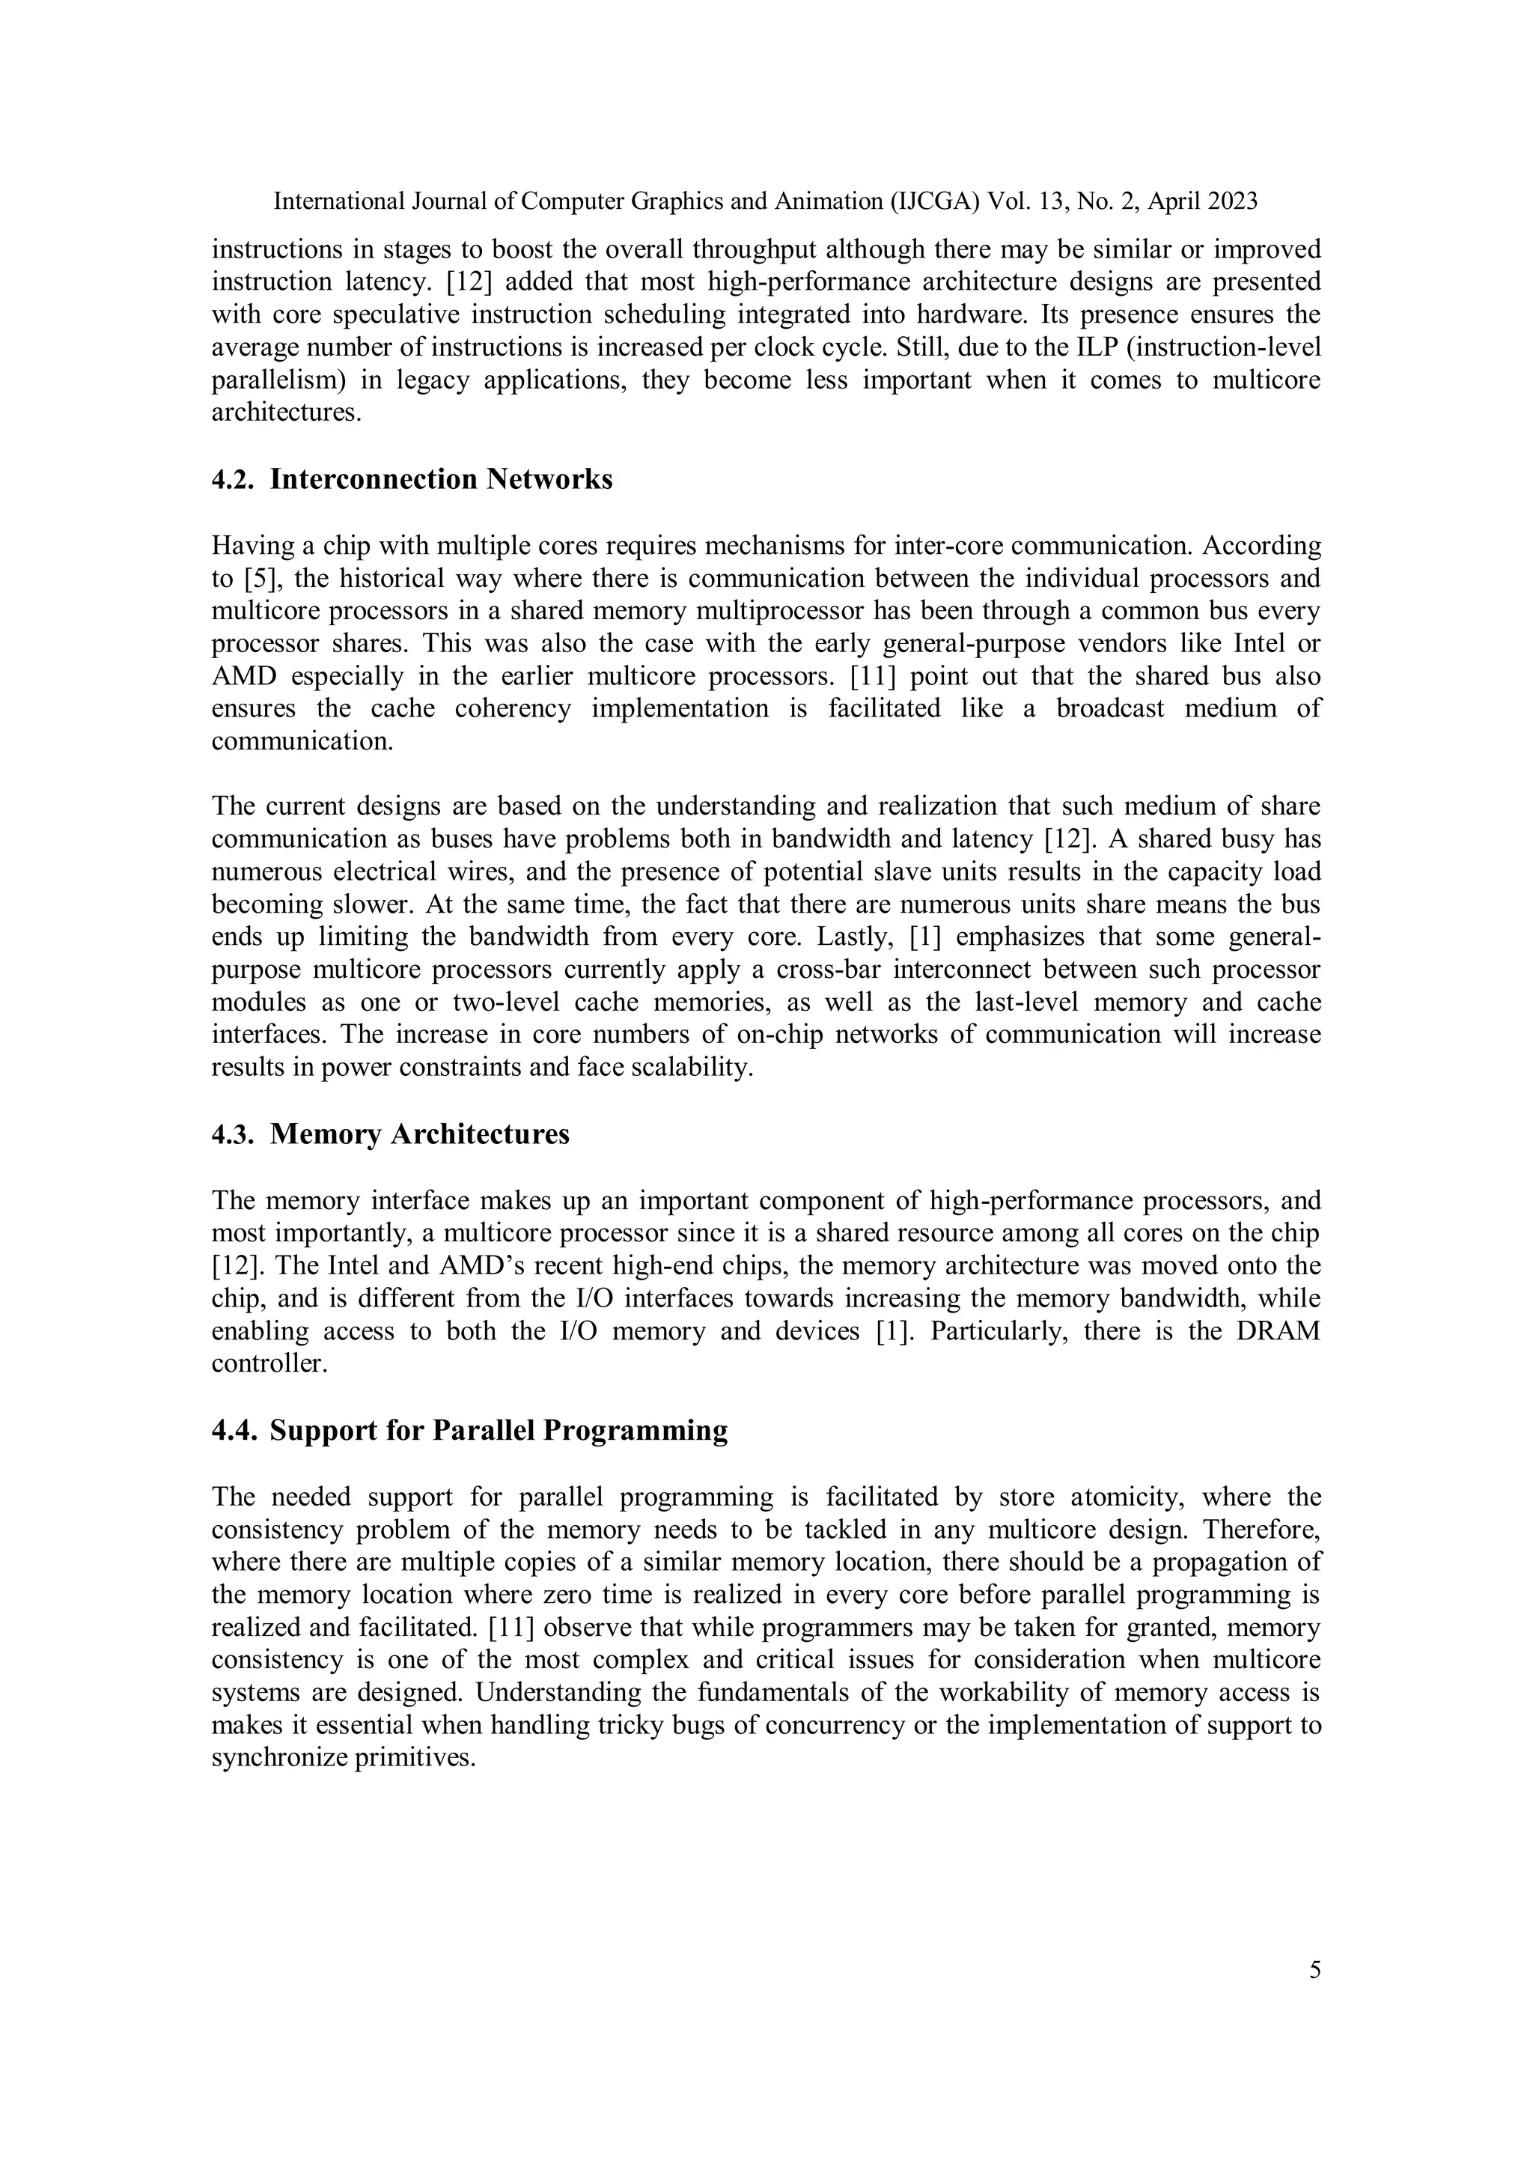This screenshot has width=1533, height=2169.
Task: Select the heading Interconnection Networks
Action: [441, 479]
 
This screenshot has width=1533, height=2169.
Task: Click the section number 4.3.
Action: [232, 1134]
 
